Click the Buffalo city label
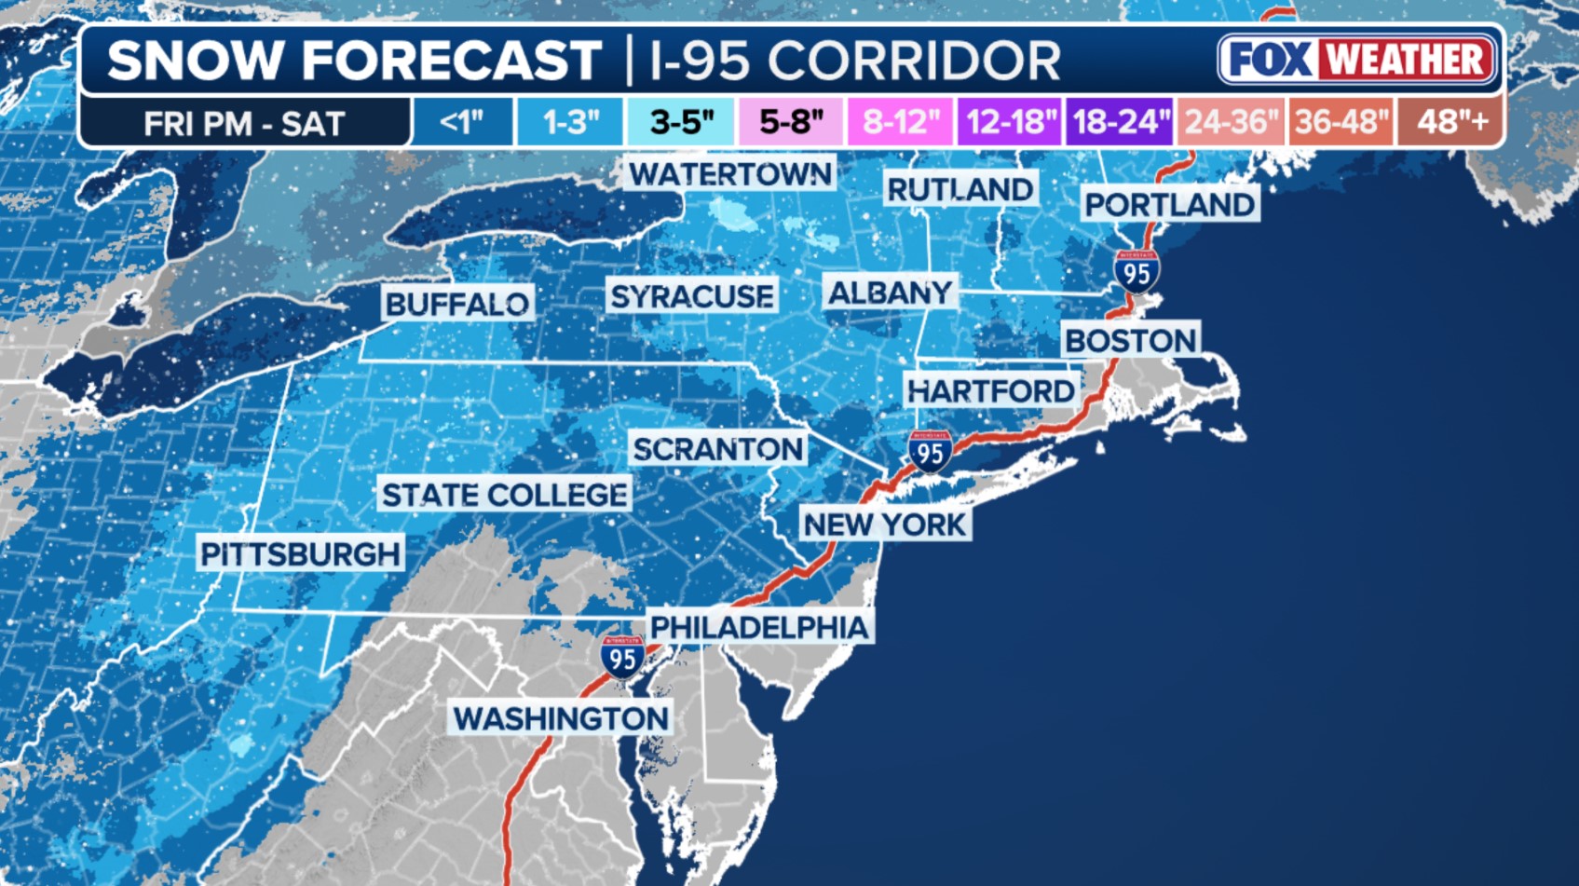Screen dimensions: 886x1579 (x=456, y=304)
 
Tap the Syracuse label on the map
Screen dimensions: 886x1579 (x=691, y=296)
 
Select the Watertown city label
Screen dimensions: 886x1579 (x=729, y=174)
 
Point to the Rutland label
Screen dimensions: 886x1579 (x=960, y=190)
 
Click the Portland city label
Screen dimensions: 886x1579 (x=1170, y=205)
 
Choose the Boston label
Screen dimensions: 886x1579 (x=1130, y=341)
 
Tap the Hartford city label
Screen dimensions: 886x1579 (x=991, y=391)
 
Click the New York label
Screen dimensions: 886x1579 (x=884, y=525)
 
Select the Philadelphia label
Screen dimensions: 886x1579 (x=759, y=628)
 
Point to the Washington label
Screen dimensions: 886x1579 (x=561, y=718)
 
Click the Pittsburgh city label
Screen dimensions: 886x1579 (x=301, y=554)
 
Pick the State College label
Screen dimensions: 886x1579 (x=504, y=495)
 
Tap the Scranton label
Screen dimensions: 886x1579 (x=717, y=449)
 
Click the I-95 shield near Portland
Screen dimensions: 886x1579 (x=1137, y=272)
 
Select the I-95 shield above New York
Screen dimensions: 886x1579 (x=930, y=452)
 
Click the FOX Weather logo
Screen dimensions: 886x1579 (x=1356, y=60)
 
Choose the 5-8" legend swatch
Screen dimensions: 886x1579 (x=791, y=122)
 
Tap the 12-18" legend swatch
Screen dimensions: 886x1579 (x=1010, y=122)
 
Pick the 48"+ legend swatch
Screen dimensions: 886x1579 (x=1450, y=122)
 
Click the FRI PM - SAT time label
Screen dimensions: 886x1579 (x=244, y=123)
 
